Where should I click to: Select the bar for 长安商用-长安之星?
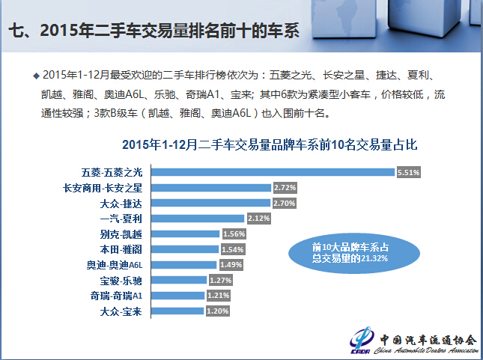coord(212,187)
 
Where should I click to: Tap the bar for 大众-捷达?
coord(212,202)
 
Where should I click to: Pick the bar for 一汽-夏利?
coord(199,218)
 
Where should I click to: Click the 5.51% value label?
coord(408,172)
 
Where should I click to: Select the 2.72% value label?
coord(285,187)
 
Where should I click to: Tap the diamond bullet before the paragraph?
coord(36,76)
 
